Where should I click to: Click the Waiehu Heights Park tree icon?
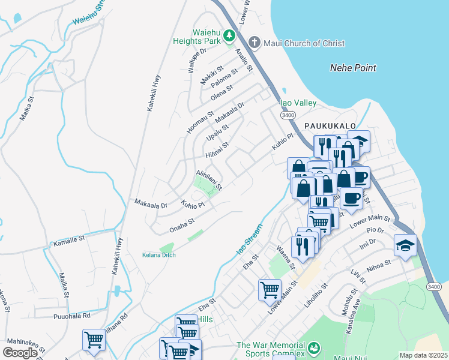[x=229, y=37]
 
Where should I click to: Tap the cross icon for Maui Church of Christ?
[x=255, y=43]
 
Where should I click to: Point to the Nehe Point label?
[x=353, y=68]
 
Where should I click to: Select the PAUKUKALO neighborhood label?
[x=330, y=125]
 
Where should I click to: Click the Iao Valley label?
[x=298, y=103]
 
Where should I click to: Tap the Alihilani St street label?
[x=209, y=179]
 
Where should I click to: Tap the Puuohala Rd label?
[x=71, y=315]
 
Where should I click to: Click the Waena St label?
[x=286, y=257]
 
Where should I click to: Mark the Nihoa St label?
[x=379, y=265]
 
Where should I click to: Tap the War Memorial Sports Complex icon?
[x=313, y=347]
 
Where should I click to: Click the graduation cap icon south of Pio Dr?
[x=405, y=245]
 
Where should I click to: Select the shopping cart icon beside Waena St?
[x=270, y=290]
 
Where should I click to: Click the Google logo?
[x=20, y=353]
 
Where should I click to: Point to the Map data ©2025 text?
[x=423, y=355]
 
